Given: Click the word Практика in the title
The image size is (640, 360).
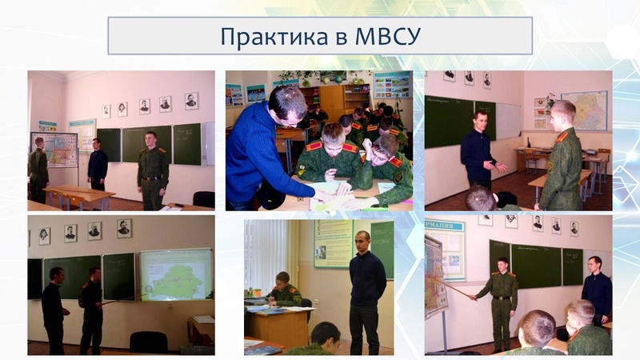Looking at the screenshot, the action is coord(274,36).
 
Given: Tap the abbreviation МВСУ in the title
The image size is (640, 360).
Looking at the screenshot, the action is coord(388,36).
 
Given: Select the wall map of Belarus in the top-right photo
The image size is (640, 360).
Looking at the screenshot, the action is coord(584,110).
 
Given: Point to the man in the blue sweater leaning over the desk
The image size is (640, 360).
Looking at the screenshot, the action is coord(266,151).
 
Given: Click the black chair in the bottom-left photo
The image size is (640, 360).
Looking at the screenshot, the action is coord(149,342).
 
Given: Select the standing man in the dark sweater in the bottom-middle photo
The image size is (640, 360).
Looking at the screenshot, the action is coord(366,292).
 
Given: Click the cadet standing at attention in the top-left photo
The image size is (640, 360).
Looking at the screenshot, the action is coord(153,170).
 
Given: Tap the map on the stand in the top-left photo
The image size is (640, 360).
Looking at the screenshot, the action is coord(54,150).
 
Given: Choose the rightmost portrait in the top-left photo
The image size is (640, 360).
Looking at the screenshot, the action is coord(191,102).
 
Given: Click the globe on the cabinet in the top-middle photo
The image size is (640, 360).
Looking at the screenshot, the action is coord(338,78).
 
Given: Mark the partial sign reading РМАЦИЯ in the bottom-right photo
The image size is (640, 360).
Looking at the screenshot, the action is coord(445,226).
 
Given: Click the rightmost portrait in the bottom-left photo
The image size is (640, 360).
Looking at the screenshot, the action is coord(124,229).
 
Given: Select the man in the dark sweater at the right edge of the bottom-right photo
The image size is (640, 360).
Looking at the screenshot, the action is coord(597,290).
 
